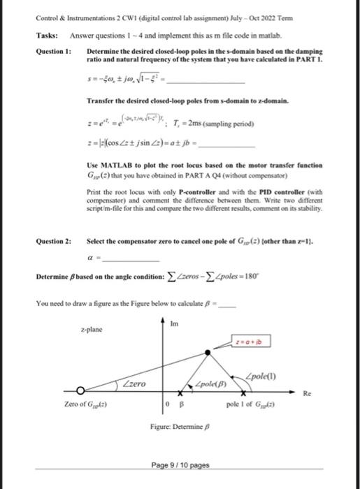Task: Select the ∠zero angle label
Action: pos(134,383)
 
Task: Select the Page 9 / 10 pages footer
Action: pos(180,465)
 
